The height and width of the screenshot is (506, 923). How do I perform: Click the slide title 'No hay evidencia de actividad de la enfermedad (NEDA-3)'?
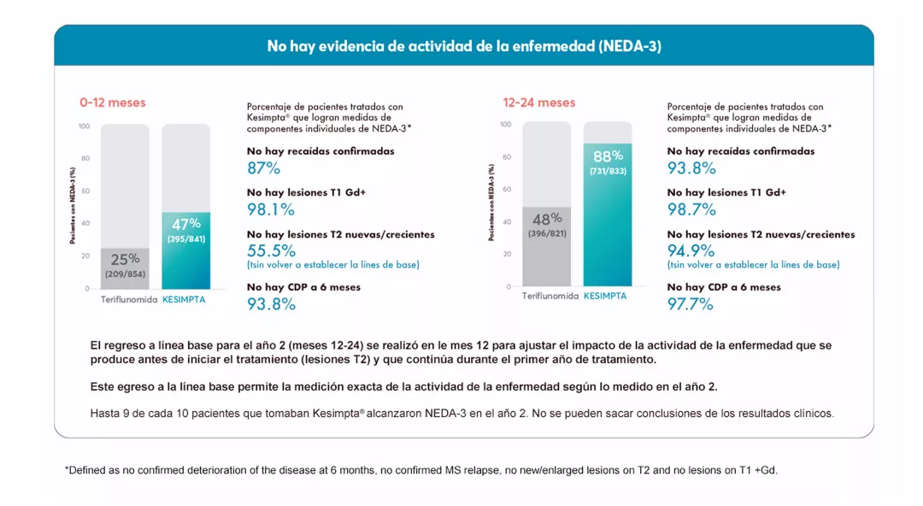point(463,46)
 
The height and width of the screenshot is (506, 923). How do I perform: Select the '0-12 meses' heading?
point(112,103)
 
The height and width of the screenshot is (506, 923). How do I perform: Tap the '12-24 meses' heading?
point(538,103)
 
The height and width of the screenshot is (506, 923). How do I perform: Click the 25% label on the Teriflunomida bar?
point(125,259)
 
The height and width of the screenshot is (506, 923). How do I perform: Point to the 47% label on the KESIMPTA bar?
point(185,224)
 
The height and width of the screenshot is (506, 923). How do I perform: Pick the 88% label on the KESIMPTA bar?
point(608,156)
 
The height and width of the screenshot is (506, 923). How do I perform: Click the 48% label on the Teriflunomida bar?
point(547,219)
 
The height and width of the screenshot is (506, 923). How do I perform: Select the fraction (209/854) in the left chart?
point(125,274)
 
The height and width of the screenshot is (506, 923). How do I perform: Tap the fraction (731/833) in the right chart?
point(608,171)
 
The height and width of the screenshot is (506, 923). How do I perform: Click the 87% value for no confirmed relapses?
point(263,168)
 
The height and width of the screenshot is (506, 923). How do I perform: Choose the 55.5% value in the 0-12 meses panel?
point(271,250)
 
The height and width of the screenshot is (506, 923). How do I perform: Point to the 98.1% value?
point(270,209)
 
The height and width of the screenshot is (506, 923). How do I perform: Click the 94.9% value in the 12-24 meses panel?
point(691,250)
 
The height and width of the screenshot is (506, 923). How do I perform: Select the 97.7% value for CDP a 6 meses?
point(690,303)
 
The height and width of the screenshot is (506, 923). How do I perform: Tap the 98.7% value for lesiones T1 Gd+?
point(691,209)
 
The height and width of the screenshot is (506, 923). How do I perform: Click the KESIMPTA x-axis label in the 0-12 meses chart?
point(184,300)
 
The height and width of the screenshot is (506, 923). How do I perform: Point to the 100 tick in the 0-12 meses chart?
point(84,126)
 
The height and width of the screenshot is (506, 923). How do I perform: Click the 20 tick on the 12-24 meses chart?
point(507,254)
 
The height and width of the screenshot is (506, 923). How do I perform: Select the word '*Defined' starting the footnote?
point(85,470)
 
